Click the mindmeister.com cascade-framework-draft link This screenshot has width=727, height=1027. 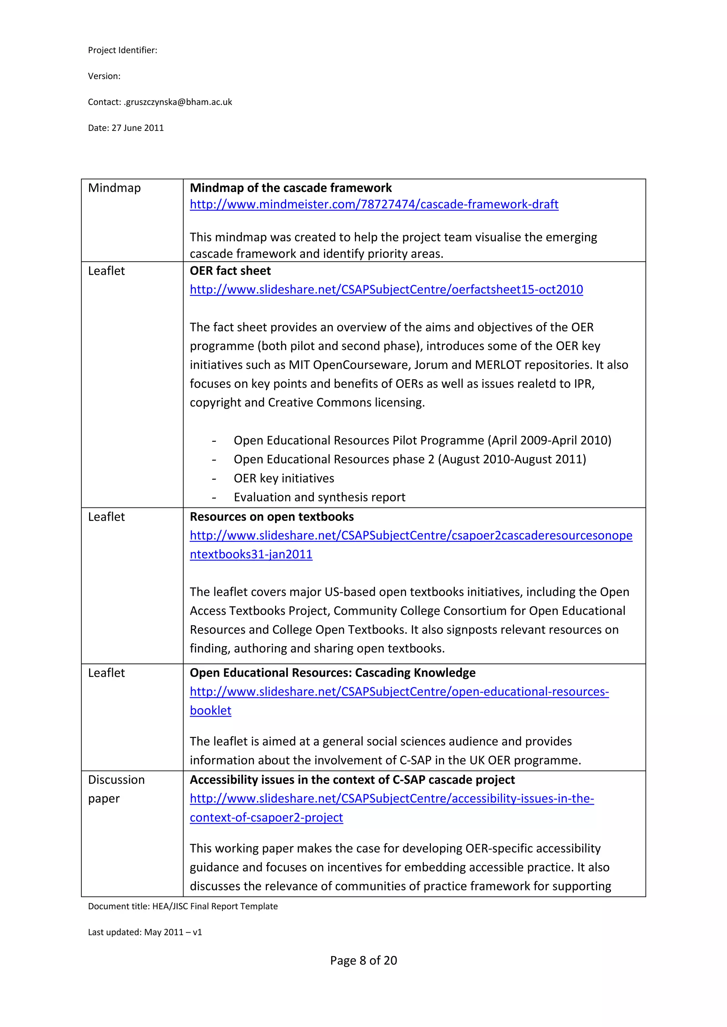tap(374, 204)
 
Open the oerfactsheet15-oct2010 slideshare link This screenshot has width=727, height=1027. tap(386, 289)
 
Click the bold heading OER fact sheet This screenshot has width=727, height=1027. tap(230, 271)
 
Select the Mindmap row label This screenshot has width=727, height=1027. tap(114, 188)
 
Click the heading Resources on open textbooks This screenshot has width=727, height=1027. tap(271, 517)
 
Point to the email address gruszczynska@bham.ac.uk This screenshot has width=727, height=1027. tap(178, 102)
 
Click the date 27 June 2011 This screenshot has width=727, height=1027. tap(137, 128)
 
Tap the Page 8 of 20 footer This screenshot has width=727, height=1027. tap(363, 960)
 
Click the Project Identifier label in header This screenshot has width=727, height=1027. tap(122, 50)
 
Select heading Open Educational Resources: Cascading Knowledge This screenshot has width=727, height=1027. tap(332, 673)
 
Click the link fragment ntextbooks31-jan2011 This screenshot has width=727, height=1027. tap(251, 554)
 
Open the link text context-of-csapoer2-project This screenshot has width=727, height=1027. tap(266, 817)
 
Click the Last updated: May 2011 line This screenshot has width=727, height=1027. tap(144, 932)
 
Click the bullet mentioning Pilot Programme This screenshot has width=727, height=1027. tap(422, 440)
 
